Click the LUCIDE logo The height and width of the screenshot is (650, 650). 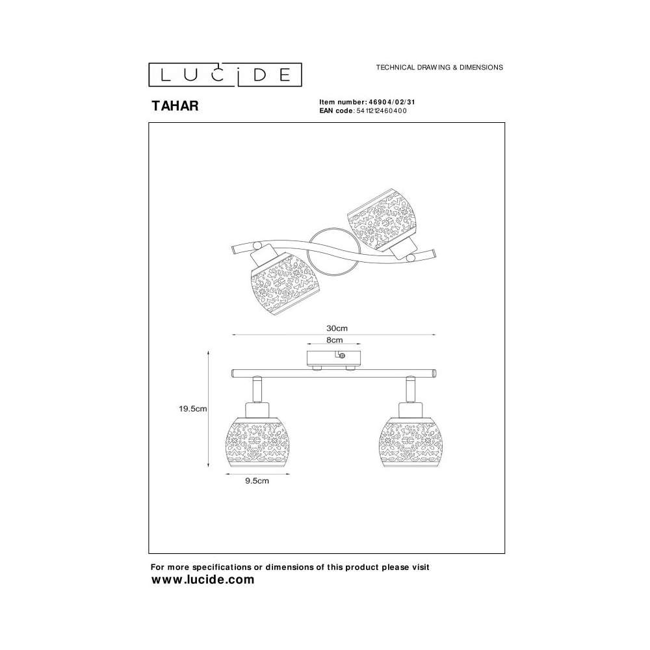pyautogui.click(x=225, y=75)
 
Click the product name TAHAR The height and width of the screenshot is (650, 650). pyautogui.click(x=175, y=106)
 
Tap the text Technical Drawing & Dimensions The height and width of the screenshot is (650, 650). pyautogui.click(x=439, y=67)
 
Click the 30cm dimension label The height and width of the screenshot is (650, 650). pyautogui.click(x=337, y=328)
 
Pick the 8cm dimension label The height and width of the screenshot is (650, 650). pyautogui.click(x=335, y=340)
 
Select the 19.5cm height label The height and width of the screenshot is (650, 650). pyautogui.click(x=193, y=409)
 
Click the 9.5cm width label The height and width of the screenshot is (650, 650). pyautogui.click(x=257, y=481)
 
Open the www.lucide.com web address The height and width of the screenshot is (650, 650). pyautogui.click(x=203, y=579)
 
